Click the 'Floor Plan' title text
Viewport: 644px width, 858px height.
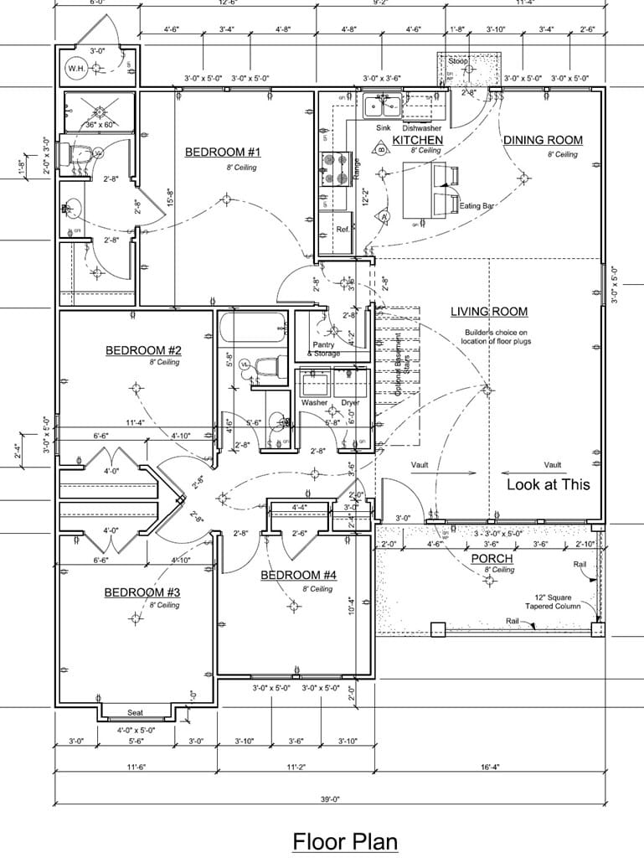tap(344, 840)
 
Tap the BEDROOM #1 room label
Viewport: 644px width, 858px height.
tap(224, 152)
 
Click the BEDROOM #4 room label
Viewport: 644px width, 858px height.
tap(298, 575)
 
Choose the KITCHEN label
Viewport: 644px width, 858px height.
tap(417, 139)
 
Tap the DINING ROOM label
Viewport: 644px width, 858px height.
tap(543, 140)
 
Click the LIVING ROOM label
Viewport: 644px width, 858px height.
tap(489, 312)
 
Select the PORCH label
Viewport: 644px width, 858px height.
tap(492, 558)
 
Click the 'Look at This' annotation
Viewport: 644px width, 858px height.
tap(548, 484)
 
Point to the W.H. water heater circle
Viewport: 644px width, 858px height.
tap(76, 68)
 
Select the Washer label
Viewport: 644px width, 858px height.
tap(314, 403)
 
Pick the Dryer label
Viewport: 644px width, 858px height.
tap(350, 403)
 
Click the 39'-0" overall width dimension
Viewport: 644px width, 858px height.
tap(329, 798)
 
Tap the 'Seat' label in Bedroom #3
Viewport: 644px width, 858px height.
tap(135, 713)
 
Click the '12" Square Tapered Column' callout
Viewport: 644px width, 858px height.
tap(552, 601)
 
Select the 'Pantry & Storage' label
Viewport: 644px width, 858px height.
tap(325, 349)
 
